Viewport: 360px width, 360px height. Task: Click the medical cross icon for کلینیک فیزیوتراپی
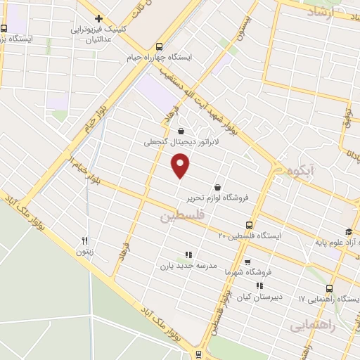(99, 19)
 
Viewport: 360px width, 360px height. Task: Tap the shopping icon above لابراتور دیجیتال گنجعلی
(182, 130)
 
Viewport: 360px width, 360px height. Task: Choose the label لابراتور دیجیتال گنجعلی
(182, 141)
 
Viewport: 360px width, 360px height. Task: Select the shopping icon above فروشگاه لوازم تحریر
(217, 188)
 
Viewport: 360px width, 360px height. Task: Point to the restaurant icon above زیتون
(85, 239)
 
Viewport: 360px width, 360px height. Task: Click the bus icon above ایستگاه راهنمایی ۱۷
(329, 288)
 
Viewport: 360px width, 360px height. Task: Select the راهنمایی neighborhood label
(311, 326)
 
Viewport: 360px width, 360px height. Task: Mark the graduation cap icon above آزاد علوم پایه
(347, 232)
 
